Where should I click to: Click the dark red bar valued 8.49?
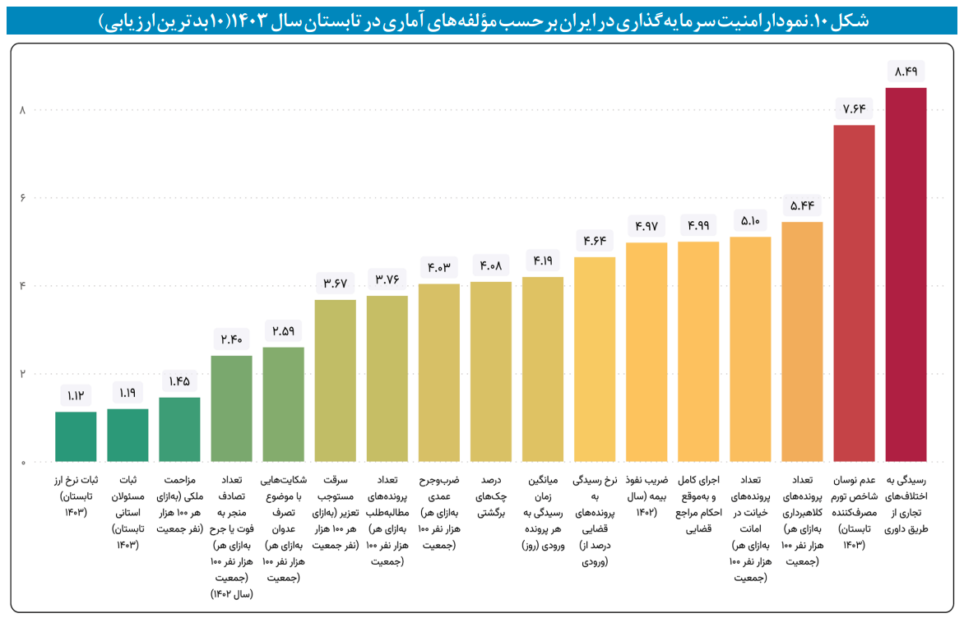[x=906, y=274]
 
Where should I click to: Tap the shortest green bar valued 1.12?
[x=76, y=436]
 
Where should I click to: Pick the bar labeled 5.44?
[x=802, y=341]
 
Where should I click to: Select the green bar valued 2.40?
[x=231, y=408]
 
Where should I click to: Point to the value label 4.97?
[x=646, y=224]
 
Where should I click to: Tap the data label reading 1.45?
[x=179, y=380]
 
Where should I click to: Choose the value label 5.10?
[x=749, y=219]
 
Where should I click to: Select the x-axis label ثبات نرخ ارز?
[x=76, y=498]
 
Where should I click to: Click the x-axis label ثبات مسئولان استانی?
[x=127, y=510]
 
